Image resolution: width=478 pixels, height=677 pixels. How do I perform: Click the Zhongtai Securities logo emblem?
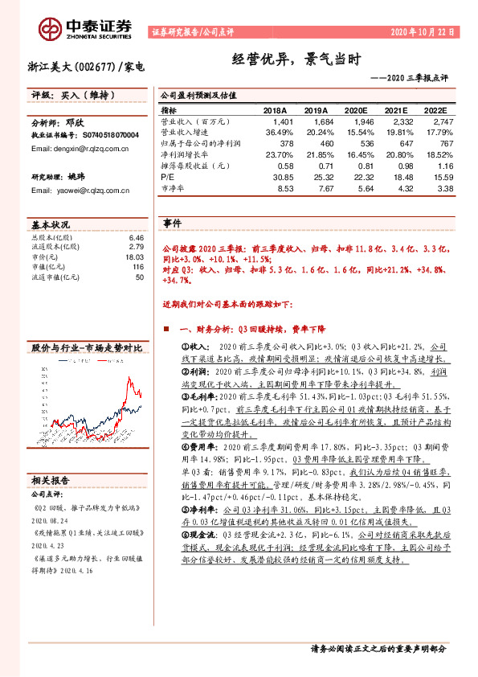[x=53, y=28]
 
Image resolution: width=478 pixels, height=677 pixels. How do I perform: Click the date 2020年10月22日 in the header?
[x=423, y=32]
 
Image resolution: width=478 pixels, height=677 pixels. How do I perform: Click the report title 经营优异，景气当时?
[x=287, y=60]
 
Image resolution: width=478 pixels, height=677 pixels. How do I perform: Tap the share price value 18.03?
[x=135, y=257]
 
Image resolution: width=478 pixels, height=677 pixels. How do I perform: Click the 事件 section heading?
[x=174, y=223]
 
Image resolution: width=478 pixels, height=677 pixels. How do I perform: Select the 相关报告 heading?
[x=50, y=480]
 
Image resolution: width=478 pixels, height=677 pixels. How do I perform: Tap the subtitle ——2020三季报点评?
[x=411, y=78]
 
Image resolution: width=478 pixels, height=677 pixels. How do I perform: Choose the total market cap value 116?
[x=138, y=267]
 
